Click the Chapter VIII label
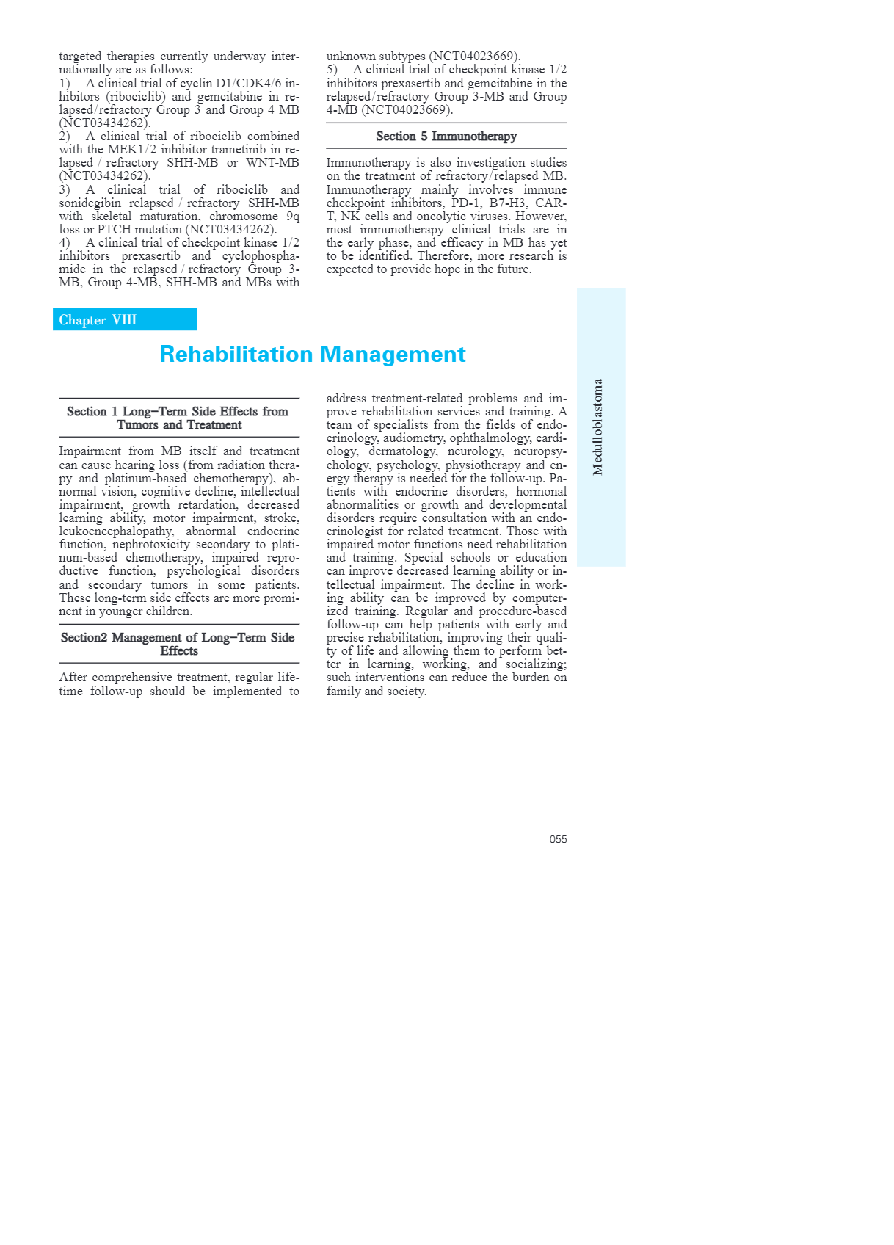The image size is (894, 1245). [x=98, y=320]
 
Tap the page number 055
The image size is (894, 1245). [x=558, y=839]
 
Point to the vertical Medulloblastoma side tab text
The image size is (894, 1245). [x=598, y=427]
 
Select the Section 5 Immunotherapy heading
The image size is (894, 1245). [x=446, y=137]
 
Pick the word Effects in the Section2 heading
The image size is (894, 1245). [x=179, y=651]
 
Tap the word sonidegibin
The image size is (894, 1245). [x=90, y=203]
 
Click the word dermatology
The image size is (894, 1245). [x=403, y=451]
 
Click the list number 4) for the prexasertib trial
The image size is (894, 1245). [x=65, y=243]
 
